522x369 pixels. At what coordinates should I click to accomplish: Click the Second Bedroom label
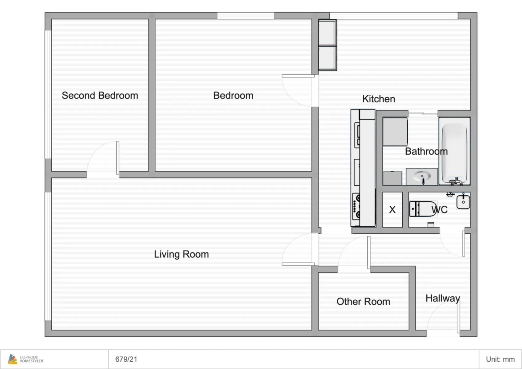(x=100, y=96)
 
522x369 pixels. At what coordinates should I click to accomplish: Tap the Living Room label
(x=181, y=254)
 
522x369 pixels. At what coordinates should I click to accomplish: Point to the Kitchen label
(x=378, y=99)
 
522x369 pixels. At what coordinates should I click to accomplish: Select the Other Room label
(x=363, y=301)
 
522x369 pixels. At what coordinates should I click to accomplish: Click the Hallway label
(x=443, y=298)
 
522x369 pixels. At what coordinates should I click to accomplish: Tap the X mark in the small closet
(x=392, y=210)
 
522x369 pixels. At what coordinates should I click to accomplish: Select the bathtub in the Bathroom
(x=454, y=151)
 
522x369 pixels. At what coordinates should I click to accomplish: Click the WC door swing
(x=452, y=244)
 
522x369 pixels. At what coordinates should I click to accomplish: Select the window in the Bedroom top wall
(x=245, y=16)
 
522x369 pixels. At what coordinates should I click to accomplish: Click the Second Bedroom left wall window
(x=48, y=94)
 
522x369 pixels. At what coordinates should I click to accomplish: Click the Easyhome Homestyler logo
(x=26, y=359)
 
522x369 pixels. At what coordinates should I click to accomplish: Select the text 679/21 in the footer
(x=126, y=359)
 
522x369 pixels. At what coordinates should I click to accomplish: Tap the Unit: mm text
(x=500, y=359)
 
